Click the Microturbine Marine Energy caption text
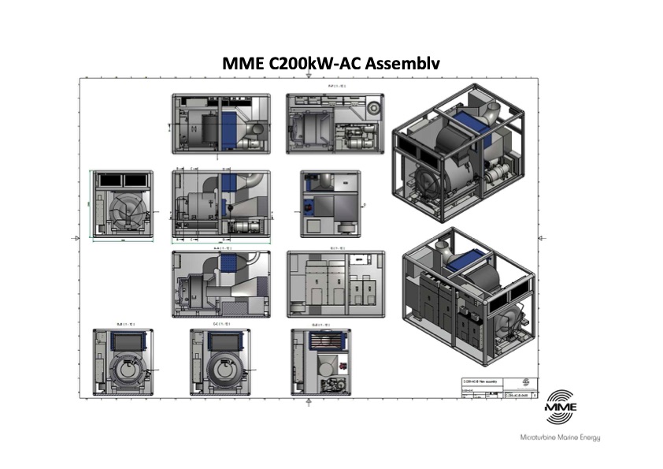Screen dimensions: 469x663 pyautogui.click(x=561, y=437)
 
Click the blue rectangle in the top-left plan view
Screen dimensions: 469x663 pyautogui.click(x=230, y=122)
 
